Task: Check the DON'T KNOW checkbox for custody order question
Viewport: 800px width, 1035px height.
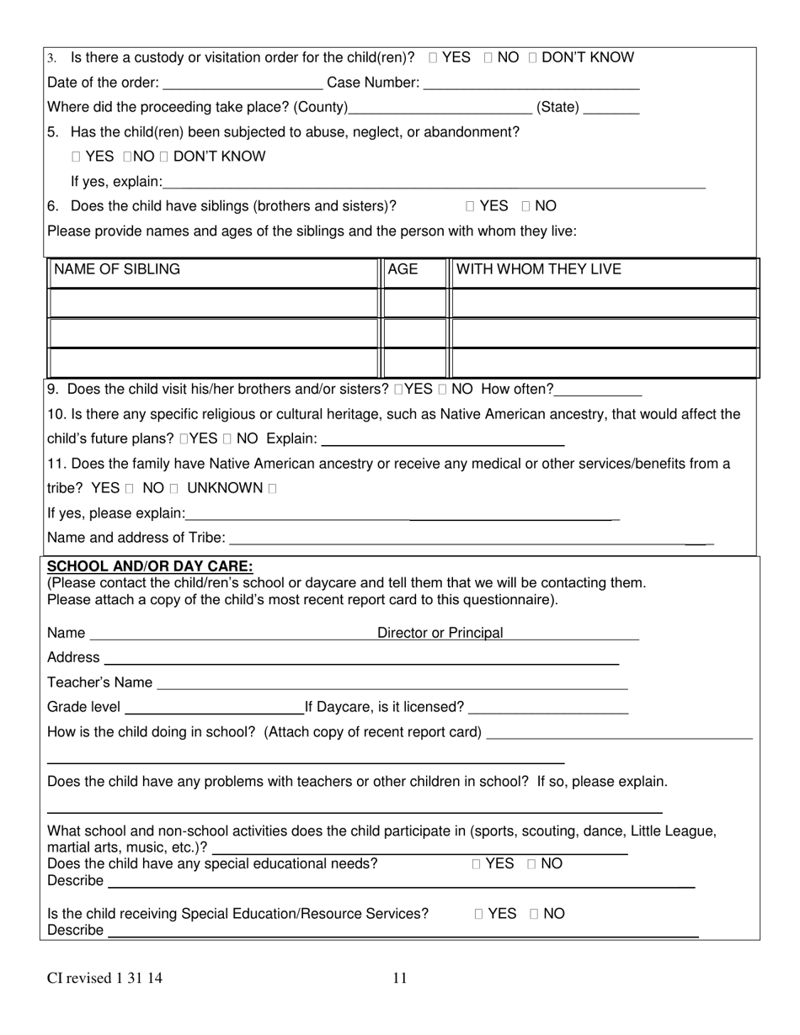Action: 533,58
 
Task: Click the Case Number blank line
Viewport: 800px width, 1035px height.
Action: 531,83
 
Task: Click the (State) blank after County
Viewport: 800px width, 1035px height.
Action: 611,108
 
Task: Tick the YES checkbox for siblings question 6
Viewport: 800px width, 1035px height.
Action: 471,207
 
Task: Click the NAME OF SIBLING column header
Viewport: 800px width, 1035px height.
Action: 116,269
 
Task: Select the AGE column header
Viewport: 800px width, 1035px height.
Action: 403,269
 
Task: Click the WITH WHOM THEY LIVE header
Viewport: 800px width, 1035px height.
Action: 538,269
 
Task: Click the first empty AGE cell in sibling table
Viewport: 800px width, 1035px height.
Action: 413,303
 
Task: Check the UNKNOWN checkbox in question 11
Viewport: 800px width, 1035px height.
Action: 272,489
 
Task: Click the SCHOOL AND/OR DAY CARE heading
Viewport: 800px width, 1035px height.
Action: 150,566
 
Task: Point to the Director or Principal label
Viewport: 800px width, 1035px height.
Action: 440,633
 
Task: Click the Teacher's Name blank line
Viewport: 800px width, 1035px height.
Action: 392,683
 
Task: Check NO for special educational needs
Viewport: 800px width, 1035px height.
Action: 532,864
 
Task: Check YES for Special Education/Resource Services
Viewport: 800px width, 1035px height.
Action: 479,915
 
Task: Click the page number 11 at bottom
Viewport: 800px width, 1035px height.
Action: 399,978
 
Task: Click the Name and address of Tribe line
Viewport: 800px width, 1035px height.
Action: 467,539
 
